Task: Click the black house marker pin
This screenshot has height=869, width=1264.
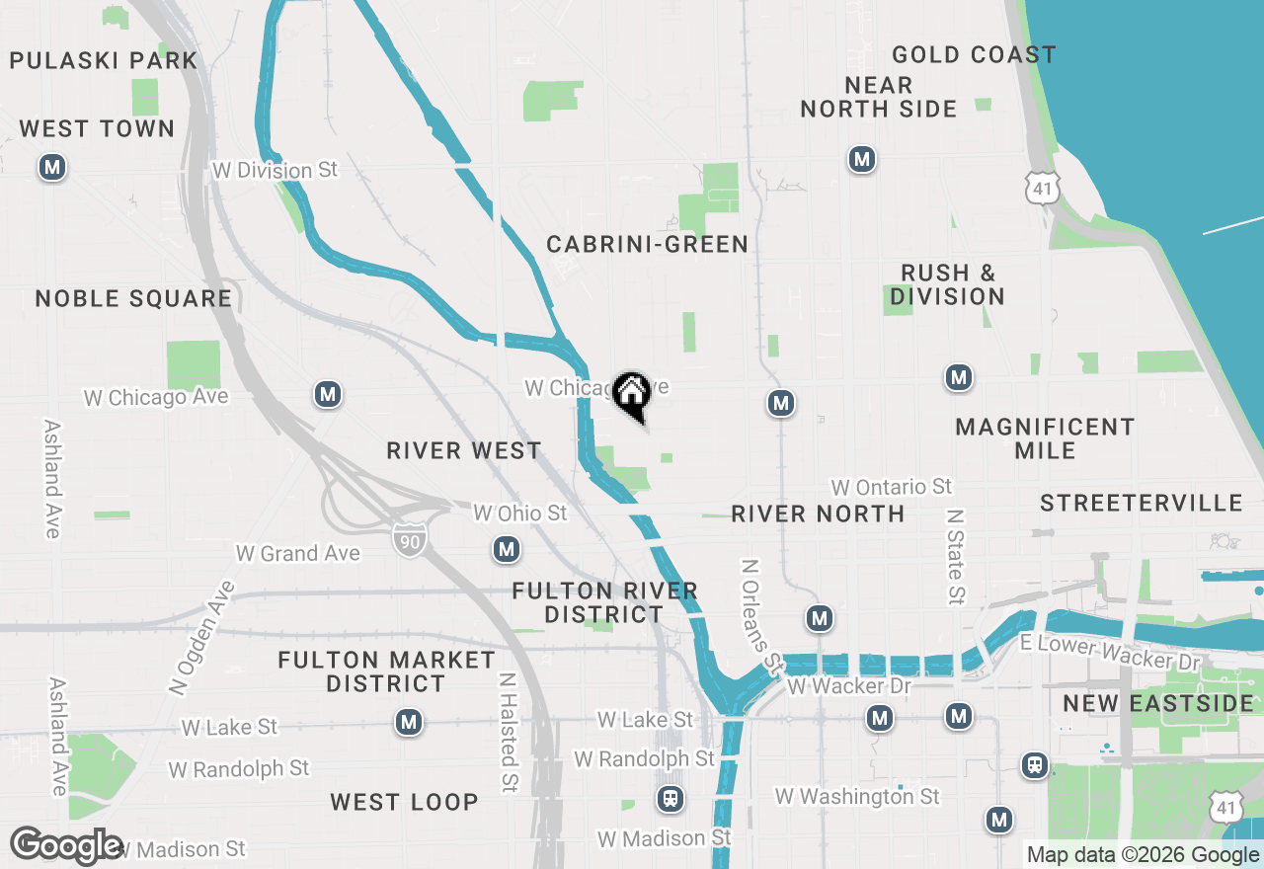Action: click(631, 395)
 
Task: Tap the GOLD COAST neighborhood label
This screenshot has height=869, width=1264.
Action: click(973, 54)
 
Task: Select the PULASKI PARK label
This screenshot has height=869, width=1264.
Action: click(103, 60)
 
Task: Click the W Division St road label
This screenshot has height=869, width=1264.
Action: click(275, 170)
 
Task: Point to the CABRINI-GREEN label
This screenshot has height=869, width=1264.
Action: click(647, 244)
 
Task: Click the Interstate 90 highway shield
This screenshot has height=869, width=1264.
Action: click(409, 538)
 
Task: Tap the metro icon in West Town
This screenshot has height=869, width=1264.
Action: click(52, 167)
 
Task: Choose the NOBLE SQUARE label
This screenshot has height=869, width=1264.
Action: click(133, 298)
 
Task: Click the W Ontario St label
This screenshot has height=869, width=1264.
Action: click(891, 487)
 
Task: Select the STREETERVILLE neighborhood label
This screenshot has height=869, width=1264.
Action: click(1141, 503)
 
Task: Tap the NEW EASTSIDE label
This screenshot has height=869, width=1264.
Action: click(1157, 704)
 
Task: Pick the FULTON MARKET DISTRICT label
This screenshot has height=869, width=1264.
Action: click(386, 671)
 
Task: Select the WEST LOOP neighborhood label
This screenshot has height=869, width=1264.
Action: click(404, 802)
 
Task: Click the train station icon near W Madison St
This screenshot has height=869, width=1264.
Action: click(671, 799)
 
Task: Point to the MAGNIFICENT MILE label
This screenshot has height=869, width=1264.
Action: click(1045, 438)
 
